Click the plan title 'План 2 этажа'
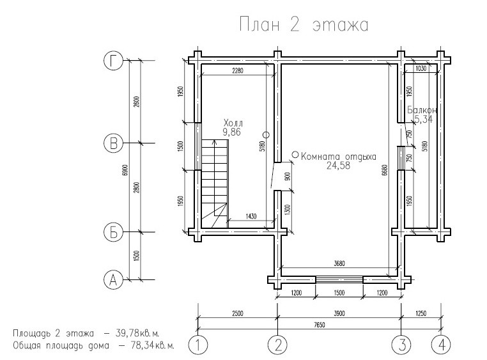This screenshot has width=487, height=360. (304, 24)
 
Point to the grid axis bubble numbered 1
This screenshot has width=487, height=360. (198, 345)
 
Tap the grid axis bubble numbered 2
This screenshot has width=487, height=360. (277, 345)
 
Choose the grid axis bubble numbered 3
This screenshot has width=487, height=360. (401, 345)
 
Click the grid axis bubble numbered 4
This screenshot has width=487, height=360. (441, 345)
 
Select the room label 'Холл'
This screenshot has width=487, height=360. (233, 122)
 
